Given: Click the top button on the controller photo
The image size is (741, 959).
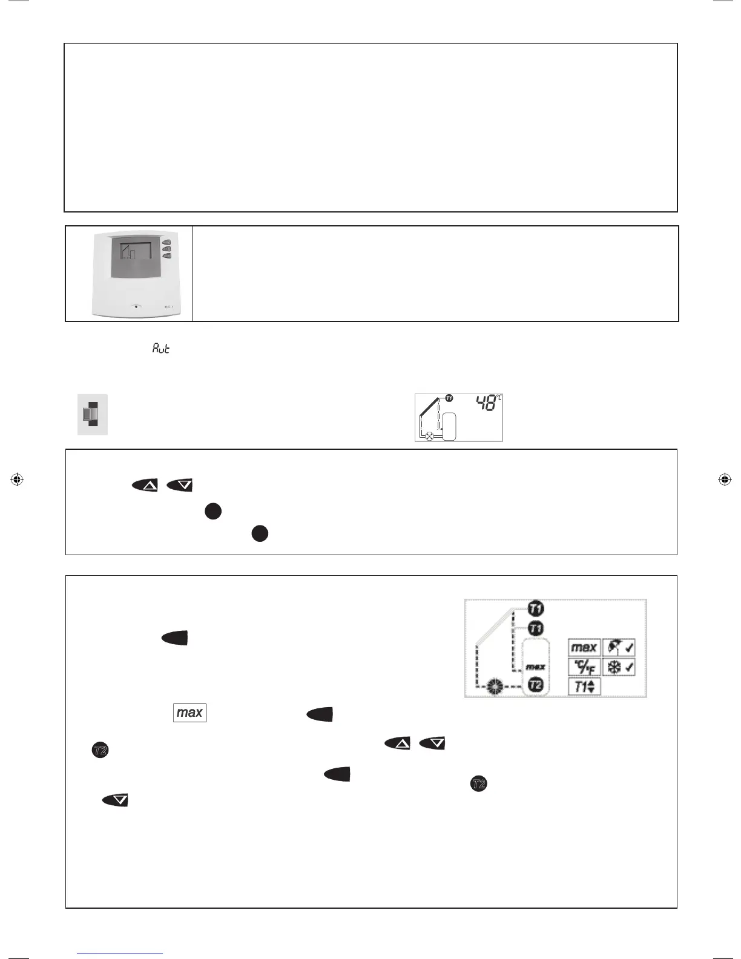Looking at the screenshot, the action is click(x=167, y=242).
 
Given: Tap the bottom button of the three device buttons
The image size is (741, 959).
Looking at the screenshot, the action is click(x=167, y=256).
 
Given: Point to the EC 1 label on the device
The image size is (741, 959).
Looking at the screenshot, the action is click(x=169, y=307).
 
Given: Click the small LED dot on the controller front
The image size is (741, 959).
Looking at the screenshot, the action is click(x=136, y=306).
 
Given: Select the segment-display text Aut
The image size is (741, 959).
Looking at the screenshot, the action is click(x=161, y=348).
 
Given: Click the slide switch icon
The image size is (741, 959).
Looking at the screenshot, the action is click(x=92, y=414).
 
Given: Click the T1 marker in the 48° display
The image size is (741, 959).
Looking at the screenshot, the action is click(x=449, y=398).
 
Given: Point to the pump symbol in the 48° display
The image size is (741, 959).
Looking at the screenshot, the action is click(x=429, y=435).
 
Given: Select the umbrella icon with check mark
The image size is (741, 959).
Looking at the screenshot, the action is click(x=619, y=647).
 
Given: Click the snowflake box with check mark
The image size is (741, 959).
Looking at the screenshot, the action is click(x=619, y=667).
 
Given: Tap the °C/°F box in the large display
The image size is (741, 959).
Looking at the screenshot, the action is click(x=584, y=667).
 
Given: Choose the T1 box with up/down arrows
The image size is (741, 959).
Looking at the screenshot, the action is click(x=584, y=687).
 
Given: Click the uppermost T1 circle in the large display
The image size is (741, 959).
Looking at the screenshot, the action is click(x=536, y=608).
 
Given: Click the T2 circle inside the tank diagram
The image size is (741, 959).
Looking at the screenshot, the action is click(x=536, y=685).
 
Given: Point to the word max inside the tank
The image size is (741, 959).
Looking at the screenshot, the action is click(x=535, y=667).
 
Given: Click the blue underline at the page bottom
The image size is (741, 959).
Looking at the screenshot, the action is click(x=120, y=954).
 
